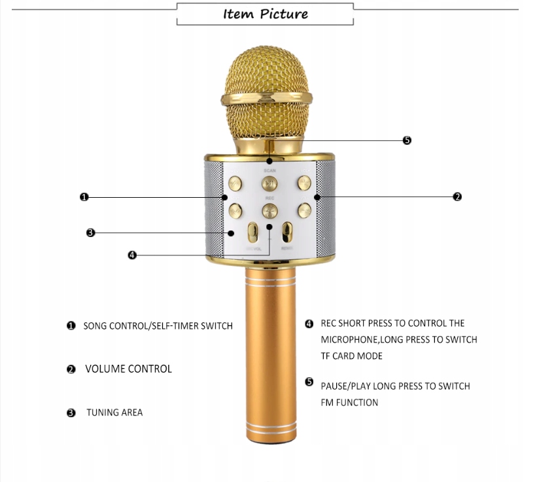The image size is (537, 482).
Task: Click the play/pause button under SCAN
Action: coord(269,183)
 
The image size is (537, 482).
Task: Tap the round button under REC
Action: coord(269,210)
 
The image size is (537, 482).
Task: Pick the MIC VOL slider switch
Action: coord(253,234)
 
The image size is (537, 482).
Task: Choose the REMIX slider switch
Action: coord(286,233)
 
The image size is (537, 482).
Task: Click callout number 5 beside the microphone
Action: coord(407,140)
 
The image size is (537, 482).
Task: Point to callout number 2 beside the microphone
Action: coord(457,196)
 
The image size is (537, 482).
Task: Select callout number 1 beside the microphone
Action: coord(84,196)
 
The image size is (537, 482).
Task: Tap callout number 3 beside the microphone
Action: coord(91,232)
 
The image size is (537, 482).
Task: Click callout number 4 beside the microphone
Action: coord(132,255)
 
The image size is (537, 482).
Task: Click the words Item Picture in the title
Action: coord(265,14)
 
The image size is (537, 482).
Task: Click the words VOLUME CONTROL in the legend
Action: coord(128,369)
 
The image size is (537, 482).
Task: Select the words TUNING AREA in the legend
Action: coord(114,413)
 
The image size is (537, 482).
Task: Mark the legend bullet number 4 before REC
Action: coord(309,324)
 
